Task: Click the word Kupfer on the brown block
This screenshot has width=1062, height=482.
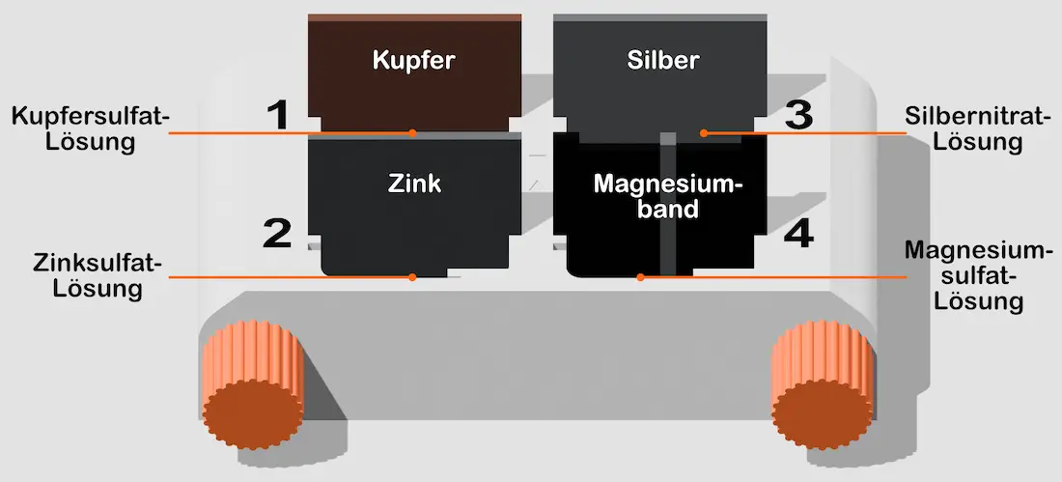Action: pos(413,61)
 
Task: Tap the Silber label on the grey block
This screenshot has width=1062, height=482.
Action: pos(662,61)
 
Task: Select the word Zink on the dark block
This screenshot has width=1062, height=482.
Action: pos(414,183)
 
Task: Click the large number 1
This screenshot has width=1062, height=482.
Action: pos(278,116)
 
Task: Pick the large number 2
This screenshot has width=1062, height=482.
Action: pos(276,234)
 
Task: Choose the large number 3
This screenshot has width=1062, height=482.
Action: pos(798,116)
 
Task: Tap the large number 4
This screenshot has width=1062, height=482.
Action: pos(798,234)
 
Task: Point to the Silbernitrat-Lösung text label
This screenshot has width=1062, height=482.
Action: pos(978,129)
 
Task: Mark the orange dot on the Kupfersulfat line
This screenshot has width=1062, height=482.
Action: pos(412,132)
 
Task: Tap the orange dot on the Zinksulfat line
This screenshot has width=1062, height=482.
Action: pos(412,277)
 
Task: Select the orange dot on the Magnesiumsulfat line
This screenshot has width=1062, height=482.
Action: pos(640,277)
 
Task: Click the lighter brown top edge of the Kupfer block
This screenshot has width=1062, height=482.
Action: pos(414,17)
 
